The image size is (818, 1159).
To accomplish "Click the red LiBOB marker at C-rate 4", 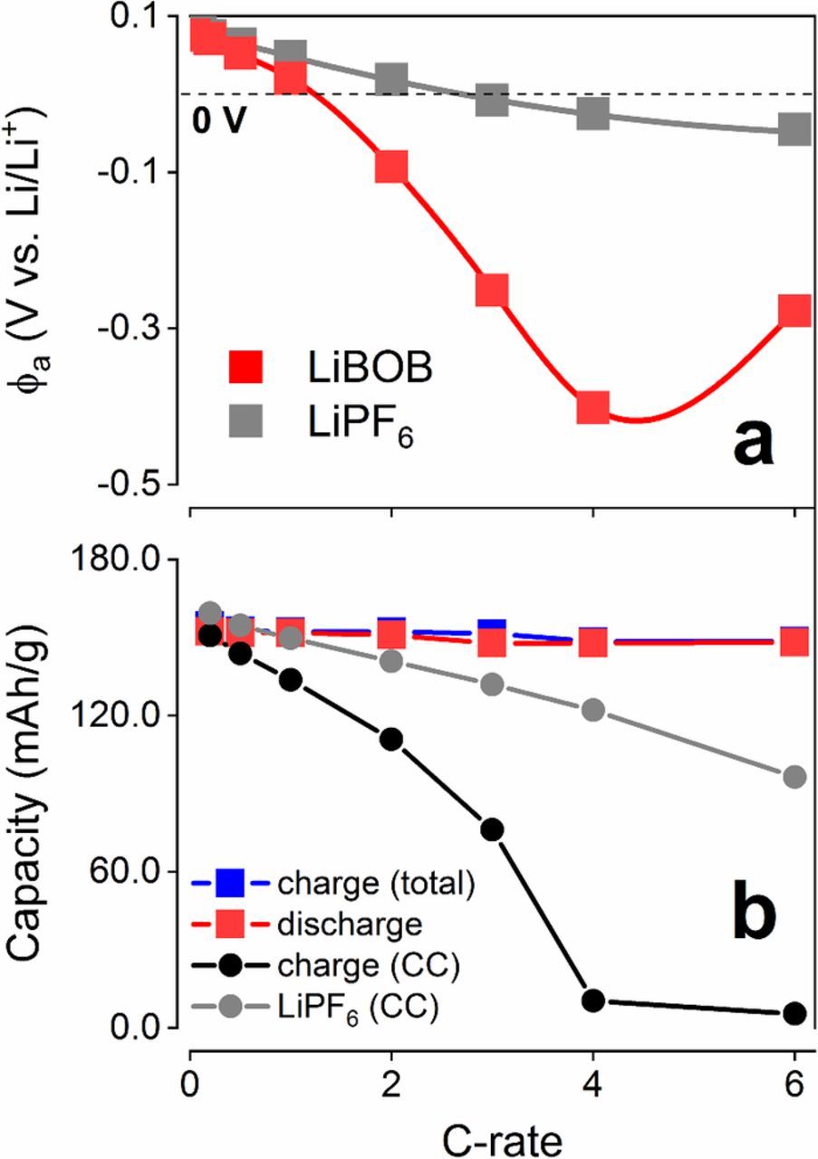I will coord(592,407).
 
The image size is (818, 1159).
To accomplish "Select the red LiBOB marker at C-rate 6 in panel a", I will coord(794,311).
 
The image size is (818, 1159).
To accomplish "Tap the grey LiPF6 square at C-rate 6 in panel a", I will coord(794,129).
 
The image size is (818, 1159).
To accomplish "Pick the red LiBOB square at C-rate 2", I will coord(391,167).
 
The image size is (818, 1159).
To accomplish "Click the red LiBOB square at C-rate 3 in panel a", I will coord(491,291).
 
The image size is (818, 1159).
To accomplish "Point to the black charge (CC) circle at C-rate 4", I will coord(593,1001).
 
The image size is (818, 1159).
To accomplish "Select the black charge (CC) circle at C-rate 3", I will coord(492,829).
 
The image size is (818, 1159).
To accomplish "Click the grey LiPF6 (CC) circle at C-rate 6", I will coord(794,777).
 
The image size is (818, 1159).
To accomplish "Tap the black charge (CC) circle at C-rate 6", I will coord(794,1013).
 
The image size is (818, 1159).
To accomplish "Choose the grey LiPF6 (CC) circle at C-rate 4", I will coord(593,709).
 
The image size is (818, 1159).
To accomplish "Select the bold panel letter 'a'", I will coord(742,448).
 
